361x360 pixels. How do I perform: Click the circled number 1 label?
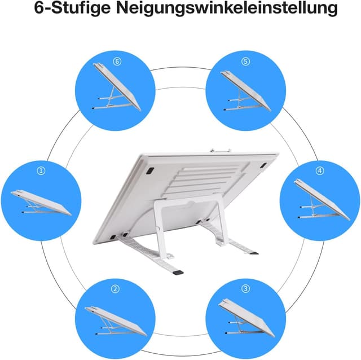[x=41, y=170]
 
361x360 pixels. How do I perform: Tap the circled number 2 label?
[x=116, y=289]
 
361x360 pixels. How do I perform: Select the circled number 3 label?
[x=245, y=288]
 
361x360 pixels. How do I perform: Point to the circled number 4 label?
[x=320, y=170]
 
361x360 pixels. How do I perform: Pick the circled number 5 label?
[x=245, y=62]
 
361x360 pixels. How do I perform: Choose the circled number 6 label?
[x=117, y=62]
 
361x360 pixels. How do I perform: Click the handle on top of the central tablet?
[x=221, y=151]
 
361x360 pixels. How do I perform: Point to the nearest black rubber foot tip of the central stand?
[x=179, y=272]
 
